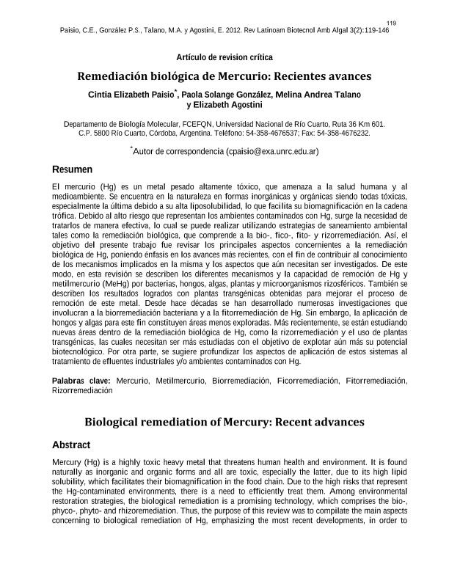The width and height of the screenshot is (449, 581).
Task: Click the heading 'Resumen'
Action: coord(72,169)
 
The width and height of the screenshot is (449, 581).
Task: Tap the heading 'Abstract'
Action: coord(71,445)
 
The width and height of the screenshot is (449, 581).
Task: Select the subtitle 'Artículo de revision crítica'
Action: coord(224,57)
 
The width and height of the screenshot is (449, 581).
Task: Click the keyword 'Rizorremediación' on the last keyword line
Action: coord(82,391)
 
